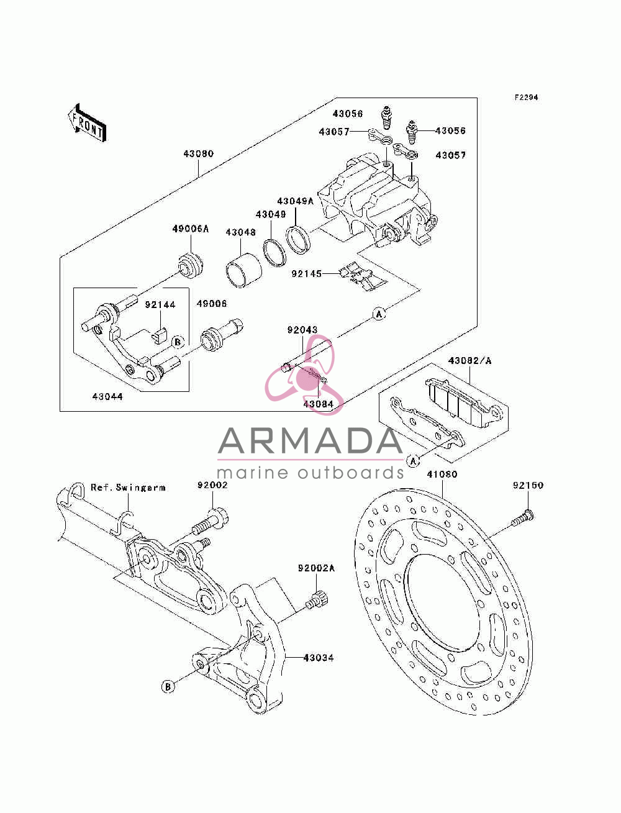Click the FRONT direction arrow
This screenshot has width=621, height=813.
click(x=88, y=122)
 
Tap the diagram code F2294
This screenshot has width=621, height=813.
click(x=526, y=98)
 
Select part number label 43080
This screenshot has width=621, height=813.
click(x=199, y=153)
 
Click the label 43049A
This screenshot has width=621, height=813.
click(x=295, y=201)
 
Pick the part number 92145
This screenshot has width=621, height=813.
click(x=307, y=274)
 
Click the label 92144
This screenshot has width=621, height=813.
click(x=160, y=304)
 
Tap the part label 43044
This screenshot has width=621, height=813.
click(x=107, y=396)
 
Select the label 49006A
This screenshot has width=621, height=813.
click(x=190, y=229)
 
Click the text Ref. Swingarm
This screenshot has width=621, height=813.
click(x=128, y=488)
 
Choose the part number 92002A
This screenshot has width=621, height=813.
click(x=316, y=568)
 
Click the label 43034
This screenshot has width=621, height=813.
click(x=319, y=658)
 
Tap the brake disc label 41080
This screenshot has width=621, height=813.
click(x=442, y=474)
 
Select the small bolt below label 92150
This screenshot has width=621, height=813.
click(x=522, y=519)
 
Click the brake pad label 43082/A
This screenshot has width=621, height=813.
click(x=470, y=360)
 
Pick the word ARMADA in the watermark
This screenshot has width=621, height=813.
click(x=310, y=440)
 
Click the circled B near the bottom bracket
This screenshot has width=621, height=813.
click(x=168, y=687)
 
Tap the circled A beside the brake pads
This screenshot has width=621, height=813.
click(x=413, y=461)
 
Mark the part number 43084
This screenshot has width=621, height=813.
click(x=319, y=404)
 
